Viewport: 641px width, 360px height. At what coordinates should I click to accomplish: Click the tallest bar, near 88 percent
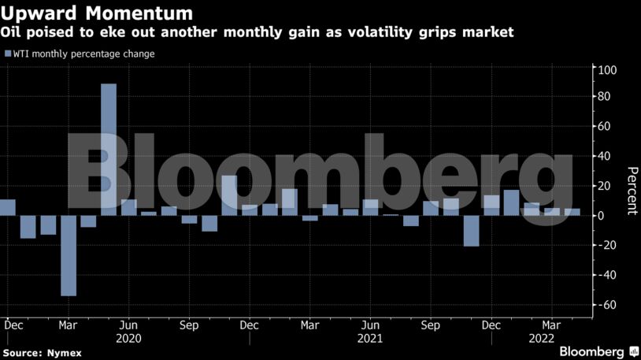point(109,149)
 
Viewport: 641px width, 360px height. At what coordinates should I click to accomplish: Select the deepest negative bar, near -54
point(69,255)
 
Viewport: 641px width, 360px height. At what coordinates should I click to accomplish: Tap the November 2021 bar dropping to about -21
point(471,231)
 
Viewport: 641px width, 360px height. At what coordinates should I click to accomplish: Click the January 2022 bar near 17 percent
point(511,202)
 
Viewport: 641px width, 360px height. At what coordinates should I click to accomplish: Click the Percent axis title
point(631,191)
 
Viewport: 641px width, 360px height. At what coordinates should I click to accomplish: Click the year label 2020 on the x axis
point(128,338)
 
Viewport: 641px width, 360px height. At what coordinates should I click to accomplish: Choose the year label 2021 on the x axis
point(370,338)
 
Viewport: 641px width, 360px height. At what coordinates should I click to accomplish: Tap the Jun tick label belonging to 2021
point(370,325)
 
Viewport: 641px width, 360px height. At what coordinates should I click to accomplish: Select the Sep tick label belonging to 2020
point(188,325)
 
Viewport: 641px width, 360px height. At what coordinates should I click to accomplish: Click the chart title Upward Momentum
point(97,13)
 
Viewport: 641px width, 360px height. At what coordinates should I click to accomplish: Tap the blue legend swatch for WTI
point(8,54)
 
